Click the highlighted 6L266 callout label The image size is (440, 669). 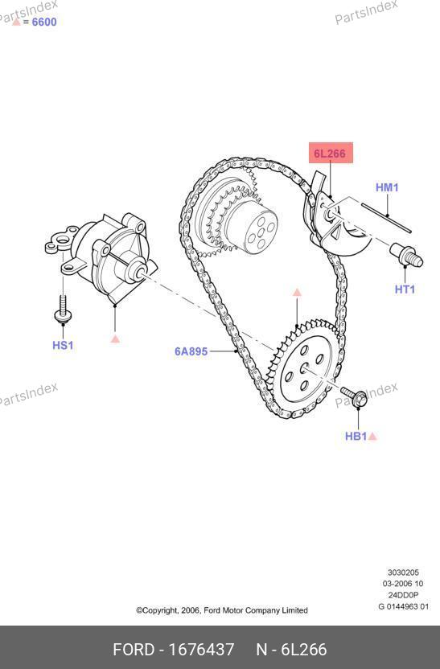click(331, 153)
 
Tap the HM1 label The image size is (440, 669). click(387, 187)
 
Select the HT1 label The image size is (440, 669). click(405, 289)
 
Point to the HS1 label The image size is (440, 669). click(63, 345)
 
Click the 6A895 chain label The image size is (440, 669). click(191, 351)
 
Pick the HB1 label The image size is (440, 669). click(356, 436)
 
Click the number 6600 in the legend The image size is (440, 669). click(44, 22)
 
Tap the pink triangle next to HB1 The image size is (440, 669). click(372, 436)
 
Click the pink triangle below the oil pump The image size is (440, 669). click(115, 339)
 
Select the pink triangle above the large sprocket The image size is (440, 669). click(297, 292)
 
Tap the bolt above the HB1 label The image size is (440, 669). click(354, 396)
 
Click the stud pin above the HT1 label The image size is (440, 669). click(406, 254)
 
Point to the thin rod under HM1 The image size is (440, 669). click(387, 218)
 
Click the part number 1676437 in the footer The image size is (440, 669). click(201, 650)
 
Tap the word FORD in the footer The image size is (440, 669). click(134, 650)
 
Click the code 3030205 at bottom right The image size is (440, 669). click(403, 573)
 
